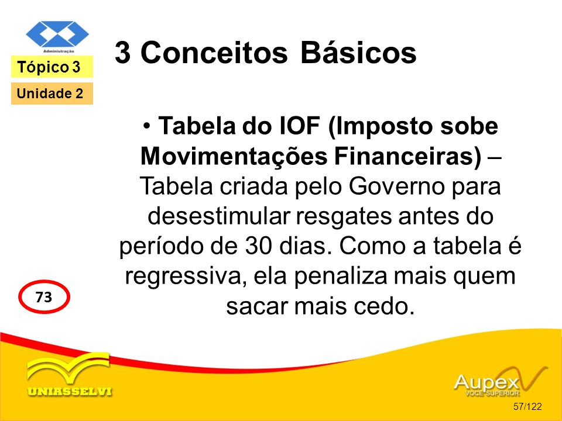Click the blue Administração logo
(57, 36)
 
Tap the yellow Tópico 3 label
(52, 67)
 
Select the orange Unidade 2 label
(52, 94)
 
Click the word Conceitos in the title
(214, 53)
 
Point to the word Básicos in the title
(358, 52)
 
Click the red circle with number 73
(44, 297)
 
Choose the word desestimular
(214, 216)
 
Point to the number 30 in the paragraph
(258, 246)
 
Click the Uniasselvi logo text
(70, 392)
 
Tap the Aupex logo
(501, 381)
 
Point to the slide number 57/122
(527, 406)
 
